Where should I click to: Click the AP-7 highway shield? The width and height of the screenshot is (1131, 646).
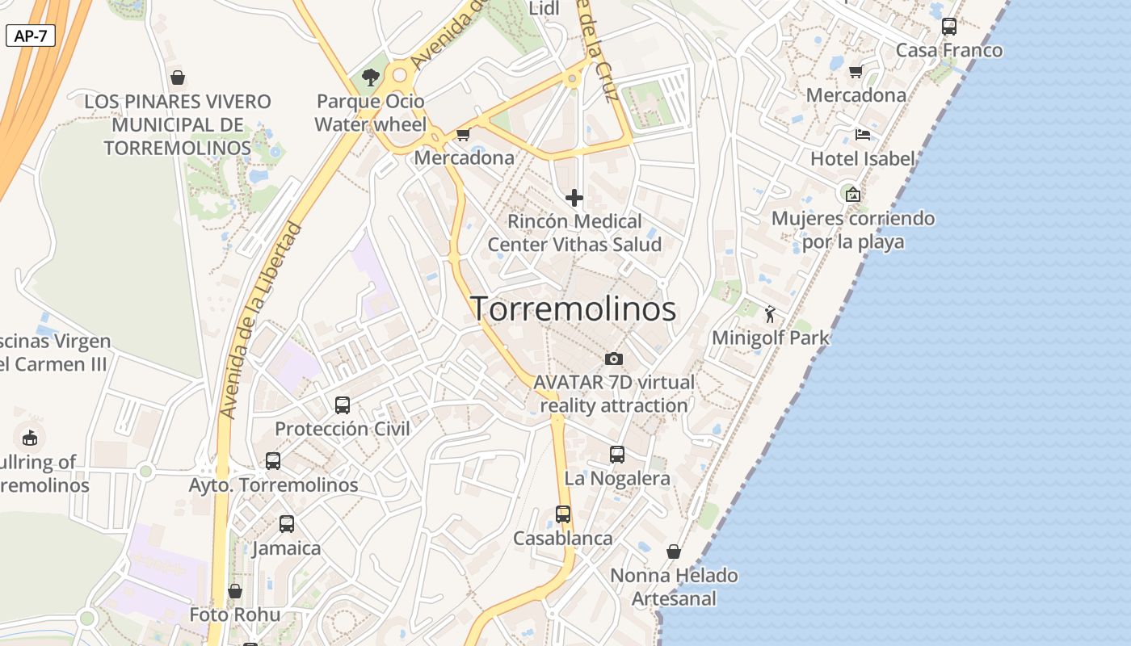[31, 36]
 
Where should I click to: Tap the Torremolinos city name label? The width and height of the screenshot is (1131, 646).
[573, 309]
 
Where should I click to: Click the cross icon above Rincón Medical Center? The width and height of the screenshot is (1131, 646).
[574, 198]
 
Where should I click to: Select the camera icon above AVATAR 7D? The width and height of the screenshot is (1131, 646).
[614, 359]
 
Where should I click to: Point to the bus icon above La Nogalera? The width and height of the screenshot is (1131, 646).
[617, 455]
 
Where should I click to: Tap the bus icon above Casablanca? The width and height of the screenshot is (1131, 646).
[563, 514]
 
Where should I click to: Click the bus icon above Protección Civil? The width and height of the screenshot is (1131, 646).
[343, 405]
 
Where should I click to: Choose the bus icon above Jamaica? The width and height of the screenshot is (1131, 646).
[287, 524]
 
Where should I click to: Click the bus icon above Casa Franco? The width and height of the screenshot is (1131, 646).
[949, 27]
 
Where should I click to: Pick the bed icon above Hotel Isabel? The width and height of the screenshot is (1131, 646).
[863, 135]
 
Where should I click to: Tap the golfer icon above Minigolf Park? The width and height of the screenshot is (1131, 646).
[770, 314]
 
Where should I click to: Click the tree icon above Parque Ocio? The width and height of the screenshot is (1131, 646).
[371, 78]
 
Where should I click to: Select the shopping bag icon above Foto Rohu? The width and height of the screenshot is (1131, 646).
[235, 591]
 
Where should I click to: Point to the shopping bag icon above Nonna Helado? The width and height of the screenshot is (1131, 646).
[674, 552]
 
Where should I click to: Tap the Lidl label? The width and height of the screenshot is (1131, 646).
[543, 9]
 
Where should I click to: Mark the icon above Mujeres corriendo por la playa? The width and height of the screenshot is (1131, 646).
[852, 195]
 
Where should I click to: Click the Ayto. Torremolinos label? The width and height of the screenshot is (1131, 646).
[273, 485]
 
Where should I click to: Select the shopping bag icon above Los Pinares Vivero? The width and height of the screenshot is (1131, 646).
[178, 78]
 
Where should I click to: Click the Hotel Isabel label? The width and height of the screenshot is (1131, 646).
[863, 159]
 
